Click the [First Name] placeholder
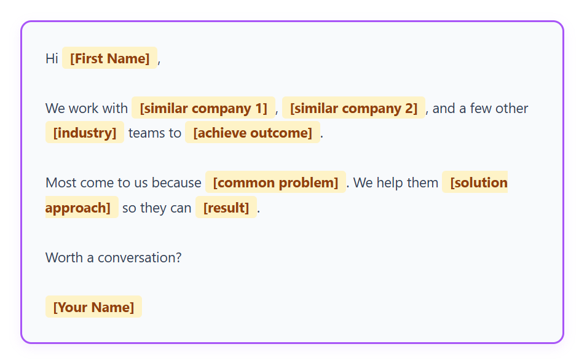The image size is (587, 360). click(x=109, y=58)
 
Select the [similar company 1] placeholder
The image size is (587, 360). click(x=203, y=108)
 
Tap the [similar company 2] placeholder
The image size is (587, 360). click(x=353, y=108)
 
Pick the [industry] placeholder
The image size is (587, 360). click(x=85, y=133)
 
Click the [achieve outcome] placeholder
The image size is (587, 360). click(x=253, y=133)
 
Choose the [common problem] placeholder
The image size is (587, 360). click(x=275, y=182)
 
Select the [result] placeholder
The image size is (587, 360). click(x=226, y=208)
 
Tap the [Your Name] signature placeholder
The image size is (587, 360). click(x=93, y=307)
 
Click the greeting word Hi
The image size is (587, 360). click(x=52, y=58)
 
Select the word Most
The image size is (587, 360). click(x=60, y=182)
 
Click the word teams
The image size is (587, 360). click(x=146, y=133)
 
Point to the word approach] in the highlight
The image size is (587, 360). click(x=77, y=208)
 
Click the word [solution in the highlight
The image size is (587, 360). click(x=479, y=182)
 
